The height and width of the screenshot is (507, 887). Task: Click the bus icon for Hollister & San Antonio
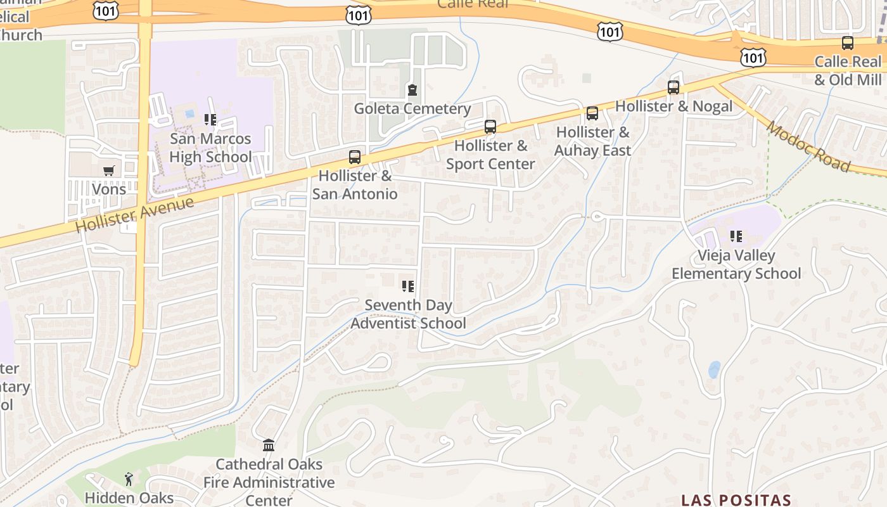355,157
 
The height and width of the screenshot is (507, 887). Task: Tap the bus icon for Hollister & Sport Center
490,127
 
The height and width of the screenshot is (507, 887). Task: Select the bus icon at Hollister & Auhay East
592,113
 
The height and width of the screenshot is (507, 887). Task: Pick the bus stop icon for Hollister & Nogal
673,87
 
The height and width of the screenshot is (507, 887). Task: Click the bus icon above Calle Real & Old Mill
847,43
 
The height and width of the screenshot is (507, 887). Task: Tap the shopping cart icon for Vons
109,170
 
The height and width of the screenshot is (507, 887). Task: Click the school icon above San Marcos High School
210,120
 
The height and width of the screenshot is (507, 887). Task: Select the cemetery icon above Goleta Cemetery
412,90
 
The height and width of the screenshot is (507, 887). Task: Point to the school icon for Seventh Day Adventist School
408,286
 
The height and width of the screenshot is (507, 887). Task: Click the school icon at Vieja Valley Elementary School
736,237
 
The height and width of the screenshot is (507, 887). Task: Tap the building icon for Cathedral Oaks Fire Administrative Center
269,446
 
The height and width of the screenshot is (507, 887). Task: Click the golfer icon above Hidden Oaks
129,479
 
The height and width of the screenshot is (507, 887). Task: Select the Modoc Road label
808,146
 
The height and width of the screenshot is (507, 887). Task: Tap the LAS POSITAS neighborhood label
736,500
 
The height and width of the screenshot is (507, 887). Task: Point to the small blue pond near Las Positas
715,369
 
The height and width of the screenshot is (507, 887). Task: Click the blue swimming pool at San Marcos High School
189,114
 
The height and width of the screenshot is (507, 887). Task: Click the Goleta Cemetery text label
412,108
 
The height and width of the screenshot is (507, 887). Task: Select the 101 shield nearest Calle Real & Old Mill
752,57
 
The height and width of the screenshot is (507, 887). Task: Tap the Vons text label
109,189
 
